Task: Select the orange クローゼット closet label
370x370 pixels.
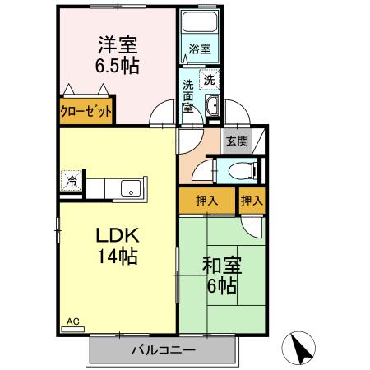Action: click(86, 111)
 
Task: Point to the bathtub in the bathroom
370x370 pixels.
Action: click(198, 23)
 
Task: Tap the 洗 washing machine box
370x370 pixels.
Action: click(210, 80)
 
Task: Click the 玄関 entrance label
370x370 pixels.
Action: click(237, 140)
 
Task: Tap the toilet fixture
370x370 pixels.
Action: click(238, 170)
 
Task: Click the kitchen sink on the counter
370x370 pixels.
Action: click(131, 188)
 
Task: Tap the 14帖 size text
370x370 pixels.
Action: click(117, 257)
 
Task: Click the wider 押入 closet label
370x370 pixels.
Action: click(206, 200)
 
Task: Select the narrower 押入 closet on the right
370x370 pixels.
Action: click(252, 200)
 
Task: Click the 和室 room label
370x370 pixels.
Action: click(221, 266)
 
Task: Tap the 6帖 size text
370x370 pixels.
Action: click(221, 287)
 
